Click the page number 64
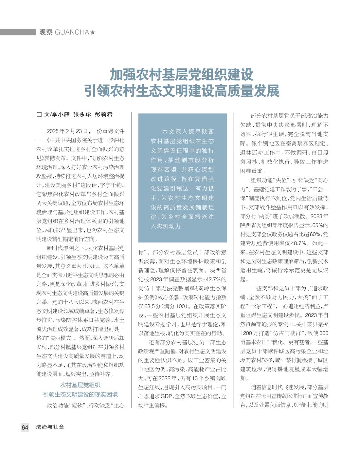click(x=25, y=427)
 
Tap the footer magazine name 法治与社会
click(x=50, y=427)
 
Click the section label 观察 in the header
click(x=46, y=32)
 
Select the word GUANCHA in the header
click(x=72, y=32)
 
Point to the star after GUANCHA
click(x=93, y=32)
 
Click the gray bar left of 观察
click(x=18, y=32)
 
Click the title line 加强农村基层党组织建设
click(x=181, y=75)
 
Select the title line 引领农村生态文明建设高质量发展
click(x=182, y=91)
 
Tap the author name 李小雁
click(x=61, y=114)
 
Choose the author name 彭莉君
click(x=103, y=114)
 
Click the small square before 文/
click(x=39, y=115)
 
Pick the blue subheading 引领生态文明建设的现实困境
click(x=81, y=394)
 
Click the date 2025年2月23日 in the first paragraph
click(x=68, y=131)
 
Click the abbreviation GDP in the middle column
click(x=167, y=396)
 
